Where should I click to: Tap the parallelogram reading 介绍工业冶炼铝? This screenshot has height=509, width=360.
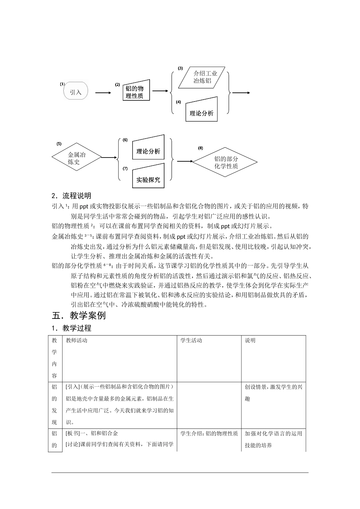click(x=203, y=77)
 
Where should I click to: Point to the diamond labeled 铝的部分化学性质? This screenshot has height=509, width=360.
click(x=225, y=162)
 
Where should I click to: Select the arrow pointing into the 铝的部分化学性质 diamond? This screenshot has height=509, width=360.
click(x=185, y=161)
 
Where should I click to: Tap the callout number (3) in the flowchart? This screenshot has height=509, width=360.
click(x=180, y=69)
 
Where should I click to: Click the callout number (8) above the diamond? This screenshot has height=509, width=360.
click(x=200, y=148)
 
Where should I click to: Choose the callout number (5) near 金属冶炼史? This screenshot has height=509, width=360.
click(x=59, y=144)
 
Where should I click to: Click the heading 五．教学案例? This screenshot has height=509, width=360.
click(x=79, y=315)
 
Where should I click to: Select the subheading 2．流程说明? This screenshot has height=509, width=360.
click(x=72, y=196)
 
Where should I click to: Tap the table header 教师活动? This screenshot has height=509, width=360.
click(x=77, y=340)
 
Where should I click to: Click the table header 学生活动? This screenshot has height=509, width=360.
click(x=191, y=340)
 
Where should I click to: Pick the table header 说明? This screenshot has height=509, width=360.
click(x=250, y=340)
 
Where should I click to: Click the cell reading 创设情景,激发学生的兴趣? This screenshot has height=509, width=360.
click(x=274, y=393)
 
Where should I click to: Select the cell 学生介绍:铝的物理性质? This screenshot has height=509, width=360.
click(x=209, y=434)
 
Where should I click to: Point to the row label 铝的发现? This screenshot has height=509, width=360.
click(x=55, y=404)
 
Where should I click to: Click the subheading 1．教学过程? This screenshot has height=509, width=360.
click(x=72, y=328)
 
